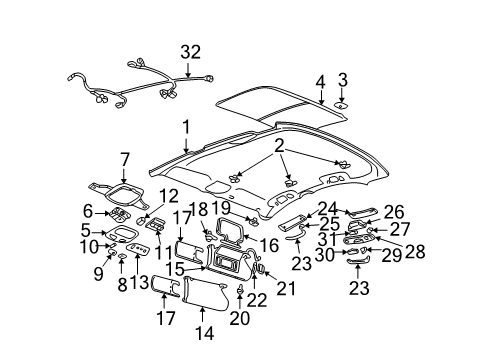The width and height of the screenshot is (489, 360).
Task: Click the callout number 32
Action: click(190, 52)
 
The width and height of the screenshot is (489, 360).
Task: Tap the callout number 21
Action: click(285, 289)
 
